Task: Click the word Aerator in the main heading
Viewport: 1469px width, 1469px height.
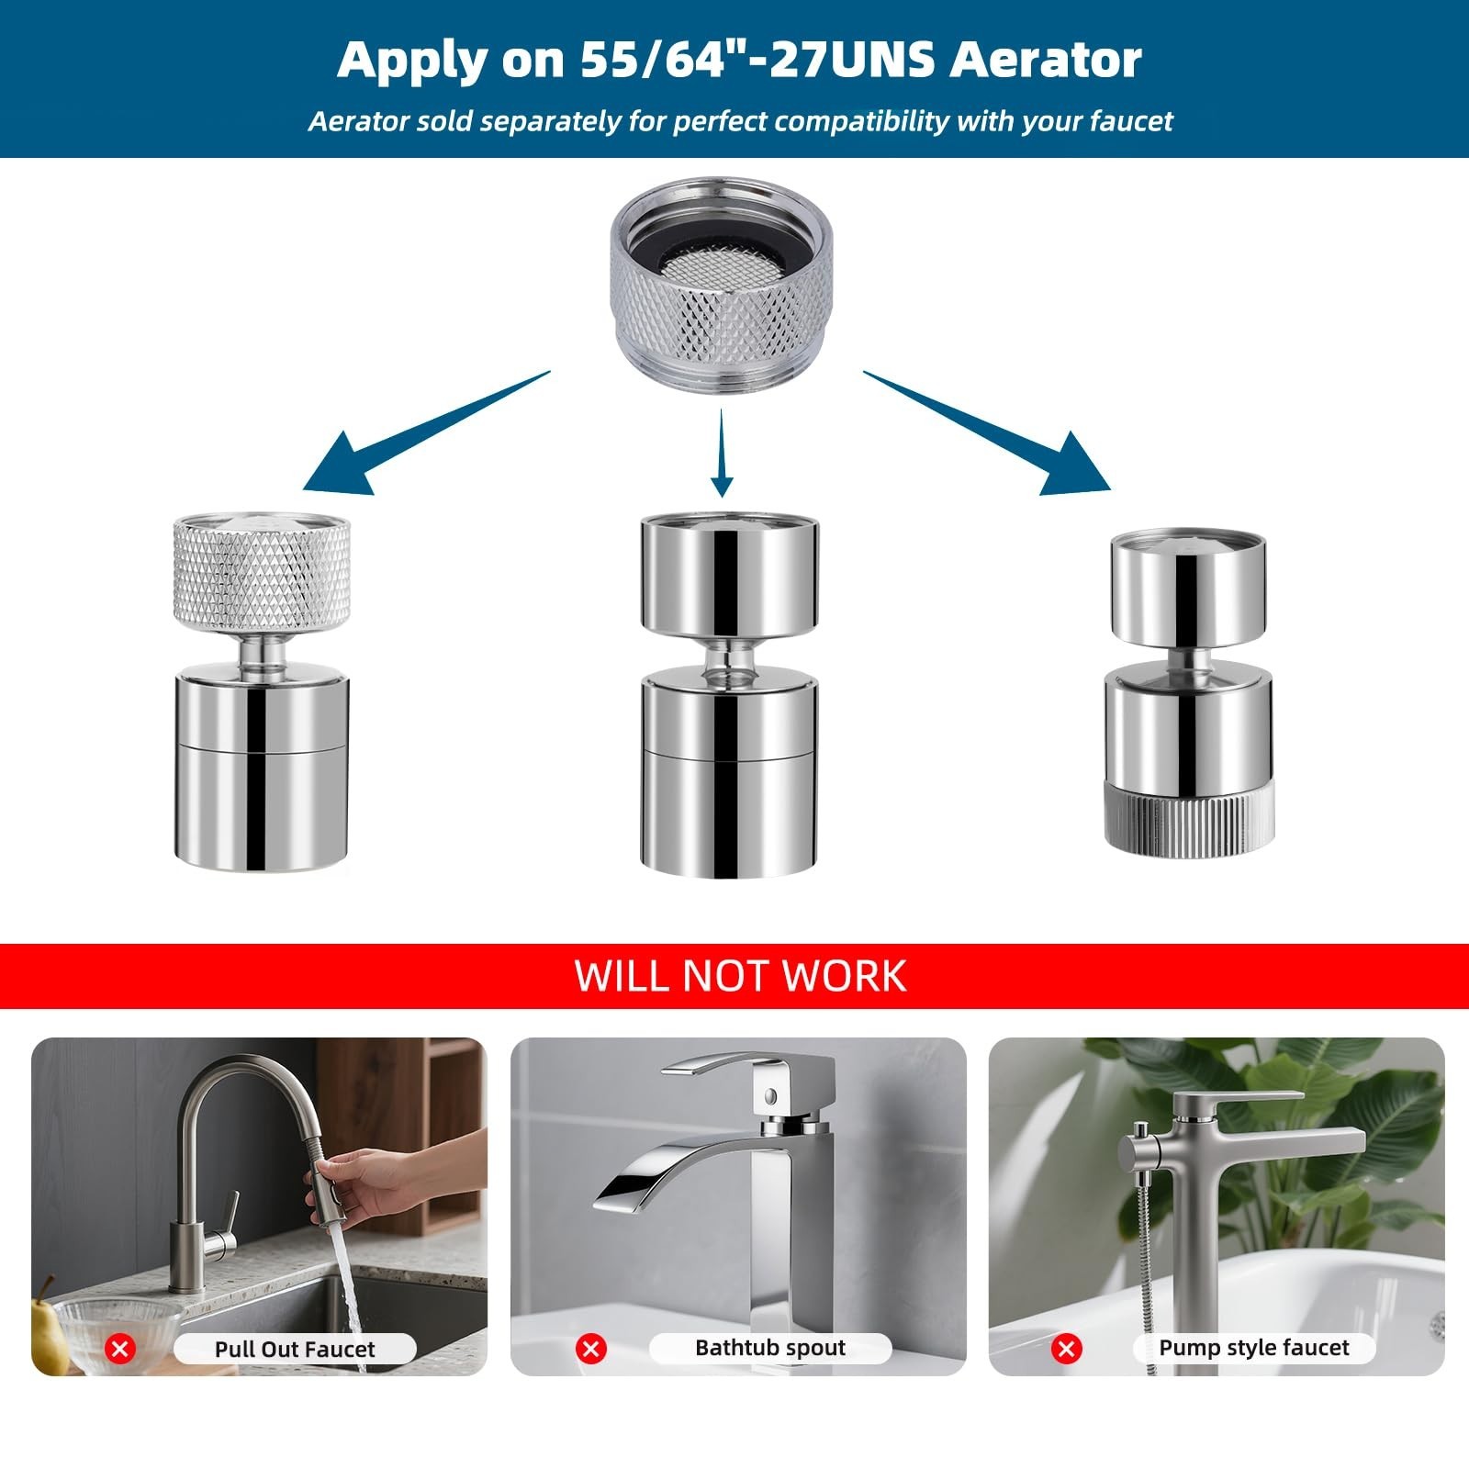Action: pos(1045,60)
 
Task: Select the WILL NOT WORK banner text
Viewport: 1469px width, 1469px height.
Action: pos(740,975)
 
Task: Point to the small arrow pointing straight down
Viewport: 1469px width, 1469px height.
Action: pos(723,453)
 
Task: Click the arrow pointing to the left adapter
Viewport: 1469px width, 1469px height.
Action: pos(426,432)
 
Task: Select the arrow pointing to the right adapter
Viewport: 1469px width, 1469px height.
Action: pos(988,432)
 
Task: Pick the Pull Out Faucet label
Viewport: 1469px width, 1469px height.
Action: pos(295,1349)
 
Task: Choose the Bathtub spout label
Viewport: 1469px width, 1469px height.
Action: pos(770,1348)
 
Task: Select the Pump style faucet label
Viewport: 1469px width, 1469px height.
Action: pos(1254,1348)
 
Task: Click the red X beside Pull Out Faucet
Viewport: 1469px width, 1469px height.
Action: pos(120,1349)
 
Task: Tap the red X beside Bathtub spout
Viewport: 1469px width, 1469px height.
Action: pos(592,1349)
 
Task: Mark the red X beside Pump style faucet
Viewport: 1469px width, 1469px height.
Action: pos(1067,1349)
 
